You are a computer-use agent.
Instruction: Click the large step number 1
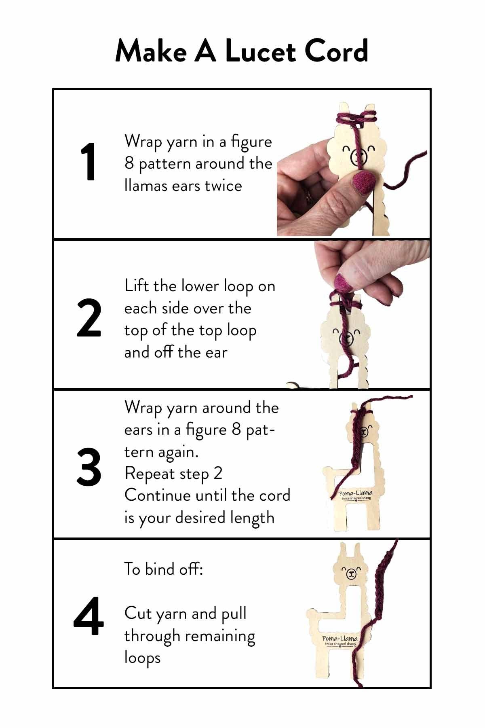click(88, 162)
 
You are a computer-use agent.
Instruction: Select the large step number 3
click(89, 467)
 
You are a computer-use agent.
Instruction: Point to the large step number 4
click(89, 617)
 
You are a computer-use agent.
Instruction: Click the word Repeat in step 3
click(150, 474)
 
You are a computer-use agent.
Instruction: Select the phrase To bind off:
click(163, 569)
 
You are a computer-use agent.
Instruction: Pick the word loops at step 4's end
click(142, 658)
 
